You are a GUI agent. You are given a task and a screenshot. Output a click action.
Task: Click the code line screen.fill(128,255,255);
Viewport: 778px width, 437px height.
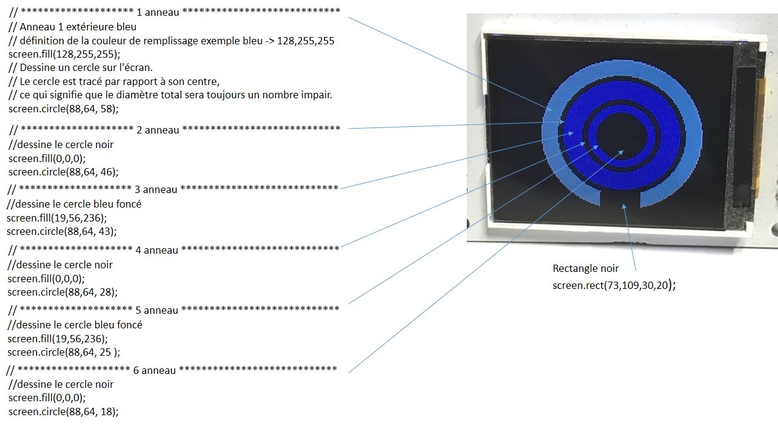(64, 54)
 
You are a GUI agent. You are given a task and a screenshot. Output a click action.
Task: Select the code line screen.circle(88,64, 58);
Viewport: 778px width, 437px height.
(64, 109)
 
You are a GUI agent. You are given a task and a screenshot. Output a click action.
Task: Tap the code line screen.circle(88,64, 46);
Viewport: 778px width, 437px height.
(64, 172)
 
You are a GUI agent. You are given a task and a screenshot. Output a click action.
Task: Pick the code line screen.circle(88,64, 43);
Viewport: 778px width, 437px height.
(62, 231)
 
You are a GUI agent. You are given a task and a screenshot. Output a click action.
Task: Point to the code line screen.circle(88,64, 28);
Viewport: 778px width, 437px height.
(63, 292)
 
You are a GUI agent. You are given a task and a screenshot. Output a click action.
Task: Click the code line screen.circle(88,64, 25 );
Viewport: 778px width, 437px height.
(64, 353)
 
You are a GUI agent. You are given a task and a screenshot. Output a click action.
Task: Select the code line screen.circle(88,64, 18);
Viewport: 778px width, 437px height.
(64, 412)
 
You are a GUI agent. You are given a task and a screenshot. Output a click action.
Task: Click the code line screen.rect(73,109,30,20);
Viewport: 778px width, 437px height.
(614, 285)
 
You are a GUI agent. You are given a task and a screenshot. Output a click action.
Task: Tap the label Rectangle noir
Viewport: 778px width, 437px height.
(585, 268)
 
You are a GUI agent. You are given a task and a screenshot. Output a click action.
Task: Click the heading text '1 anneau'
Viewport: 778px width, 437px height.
(158, 13)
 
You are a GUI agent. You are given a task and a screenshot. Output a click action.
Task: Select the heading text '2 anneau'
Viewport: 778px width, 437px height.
(158, 130)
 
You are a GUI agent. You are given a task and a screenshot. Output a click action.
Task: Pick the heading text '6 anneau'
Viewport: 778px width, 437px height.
(154, 370)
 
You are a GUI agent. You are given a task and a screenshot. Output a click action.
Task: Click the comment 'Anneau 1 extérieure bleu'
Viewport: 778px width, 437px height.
(78, 27)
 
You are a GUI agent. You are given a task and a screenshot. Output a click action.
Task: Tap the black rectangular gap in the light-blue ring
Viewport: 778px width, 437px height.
(620, 198)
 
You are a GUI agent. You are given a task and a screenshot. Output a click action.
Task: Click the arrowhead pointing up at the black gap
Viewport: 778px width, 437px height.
(624, 207)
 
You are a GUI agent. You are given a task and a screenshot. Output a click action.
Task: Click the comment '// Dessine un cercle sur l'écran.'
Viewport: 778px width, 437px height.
(81, 67)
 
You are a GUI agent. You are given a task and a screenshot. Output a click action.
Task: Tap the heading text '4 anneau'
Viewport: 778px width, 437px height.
(157, 251)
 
